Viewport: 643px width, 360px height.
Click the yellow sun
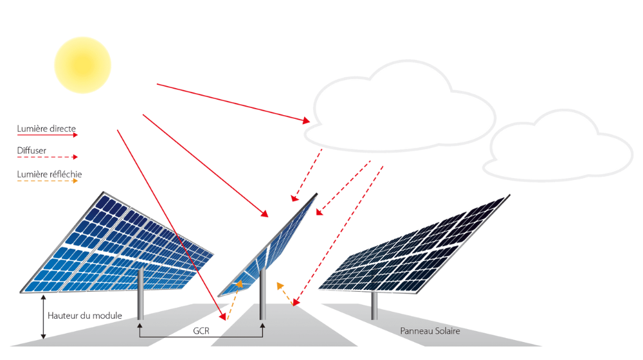[x=82, y=65]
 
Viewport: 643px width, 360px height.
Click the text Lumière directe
[x=46, y=129]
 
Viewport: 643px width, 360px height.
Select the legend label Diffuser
[x=32, y=150]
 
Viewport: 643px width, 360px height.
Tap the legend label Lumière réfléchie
[x=50, y=174]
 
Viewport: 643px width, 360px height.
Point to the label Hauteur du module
[x=85, y=316]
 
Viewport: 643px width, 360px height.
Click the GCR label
[x=201, y=331]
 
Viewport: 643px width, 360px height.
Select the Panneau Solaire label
[x=430, y=331]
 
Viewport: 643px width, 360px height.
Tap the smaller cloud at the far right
[x=557, y=145]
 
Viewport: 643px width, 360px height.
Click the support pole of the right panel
[x=374, y=305]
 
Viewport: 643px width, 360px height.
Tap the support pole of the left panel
[x=140, y=294]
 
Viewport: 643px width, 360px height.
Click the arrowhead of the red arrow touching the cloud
[x=306, y=121]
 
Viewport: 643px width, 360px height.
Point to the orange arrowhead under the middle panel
[x=239, y=283]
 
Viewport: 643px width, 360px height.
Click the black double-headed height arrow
[x=44, y=317]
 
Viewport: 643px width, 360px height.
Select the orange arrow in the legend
[x=47, y=181]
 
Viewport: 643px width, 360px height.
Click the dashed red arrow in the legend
[x=47, y=157]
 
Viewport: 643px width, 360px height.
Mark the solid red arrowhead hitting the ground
[x=223, y=316]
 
